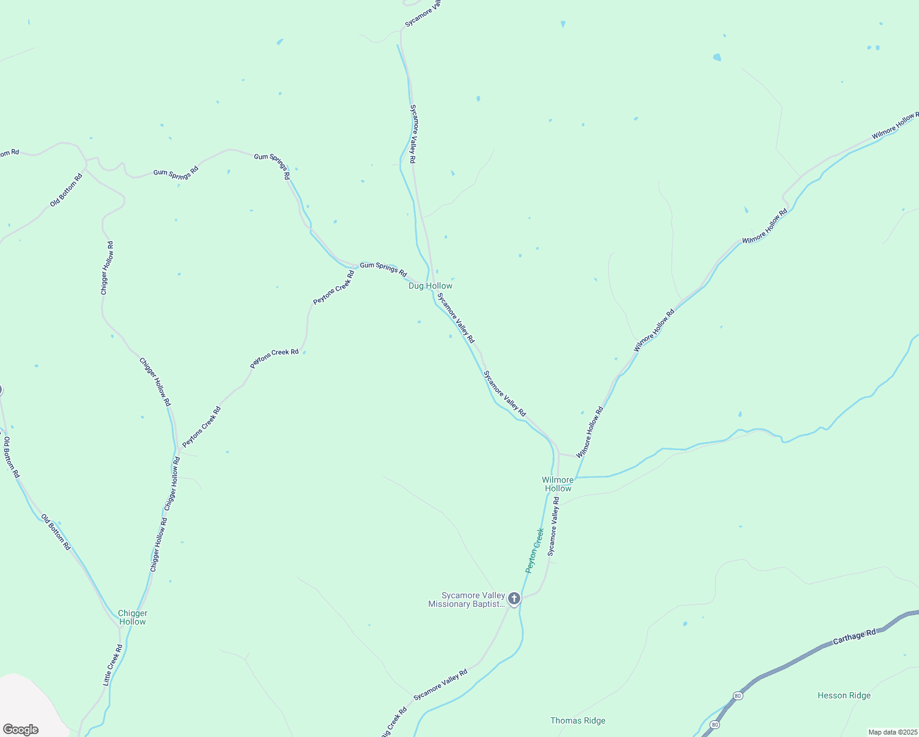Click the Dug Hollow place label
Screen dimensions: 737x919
point(431,286)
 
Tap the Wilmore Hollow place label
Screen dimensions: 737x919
point(558,484)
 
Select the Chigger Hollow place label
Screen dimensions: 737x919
point(133,617)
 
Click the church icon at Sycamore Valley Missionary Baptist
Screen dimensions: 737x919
point(514,599)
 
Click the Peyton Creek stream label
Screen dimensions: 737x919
point(534,550)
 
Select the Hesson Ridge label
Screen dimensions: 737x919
point(844,695)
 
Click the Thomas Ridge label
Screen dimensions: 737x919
point(577,720)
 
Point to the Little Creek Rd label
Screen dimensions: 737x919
point(112,665)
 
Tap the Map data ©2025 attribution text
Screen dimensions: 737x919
point(892,732)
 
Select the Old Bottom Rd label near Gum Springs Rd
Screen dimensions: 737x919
point(66,190)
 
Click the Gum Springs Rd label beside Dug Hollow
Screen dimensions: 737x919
point(383,269)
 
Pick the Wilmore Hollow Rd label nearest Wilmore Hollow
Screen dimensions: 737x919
point(590,432)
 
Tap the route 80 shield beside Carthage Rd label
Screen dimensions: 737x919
point(737,695)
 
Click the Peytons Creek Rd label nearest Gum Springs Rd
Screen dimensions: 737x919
point(334,287)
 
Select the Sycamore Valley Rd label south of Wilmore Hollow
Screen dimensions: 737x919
point(553,527)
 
